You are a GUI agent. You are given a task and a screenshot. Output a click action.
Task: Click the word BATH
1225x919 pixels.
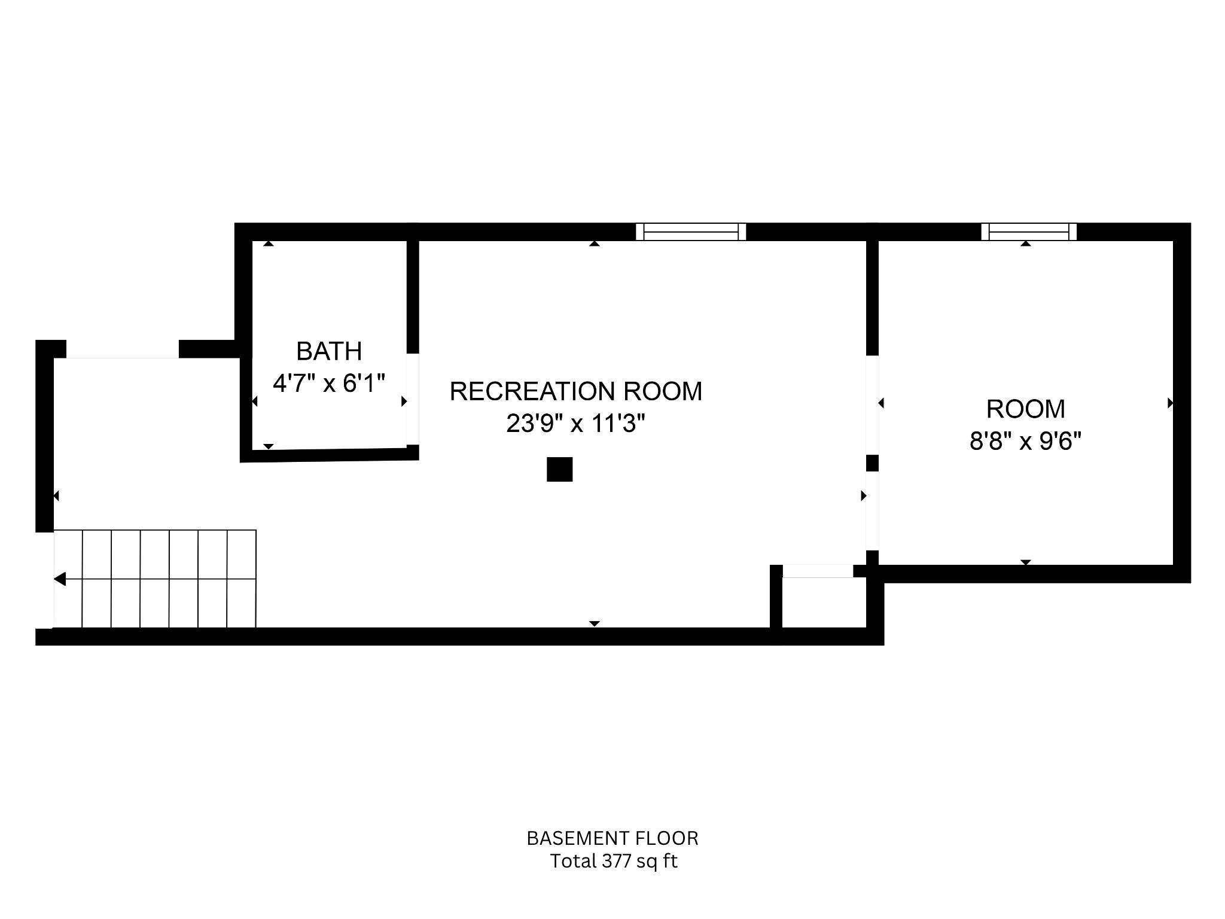329,351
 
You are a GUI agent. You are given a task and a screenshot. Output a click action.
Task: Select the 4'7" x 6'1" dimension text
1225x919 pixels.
329,384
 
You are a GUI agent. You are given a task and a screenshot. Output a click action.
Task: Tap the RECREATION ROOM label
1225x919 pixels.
575,391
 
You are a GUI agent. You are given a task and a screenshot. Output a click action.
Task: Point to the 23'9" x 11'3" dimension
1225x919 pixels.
575,424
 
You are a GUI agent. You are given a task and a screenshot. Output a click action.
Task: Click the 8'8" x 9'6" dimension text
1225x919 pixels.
1025,442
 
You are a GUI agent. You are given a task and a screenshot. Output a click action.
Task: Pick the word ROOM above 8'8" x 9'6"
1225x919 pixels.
1025,409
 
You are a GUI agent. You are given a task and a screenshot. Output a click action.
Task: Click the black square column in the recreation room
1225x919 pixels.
559,470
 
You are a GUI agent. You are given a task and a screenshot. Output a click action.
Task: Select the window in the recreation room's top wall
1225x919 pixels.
691,232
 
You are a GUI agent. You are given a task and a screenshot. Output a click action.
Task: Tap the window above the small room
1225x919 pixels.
1029,232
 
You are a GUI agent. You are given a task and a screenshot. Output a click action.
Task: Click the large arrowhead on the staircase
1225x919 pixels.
60,579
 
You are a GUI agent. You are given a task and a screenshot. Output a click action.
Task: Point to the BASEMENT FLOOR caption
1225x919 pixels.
612,838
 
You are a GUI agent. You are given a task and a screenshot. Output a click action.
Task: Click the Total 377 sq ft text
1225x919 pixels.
614,862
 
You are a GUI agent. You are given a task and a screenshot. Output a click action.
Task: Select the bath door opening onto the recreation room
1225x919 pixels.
413,399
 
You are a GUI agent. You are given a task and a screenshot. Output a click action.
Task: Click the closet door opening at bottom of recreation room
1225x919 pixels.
818,571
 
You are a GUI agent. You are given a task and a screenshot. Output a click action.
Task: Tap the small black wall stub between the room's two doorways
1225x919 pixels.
872,463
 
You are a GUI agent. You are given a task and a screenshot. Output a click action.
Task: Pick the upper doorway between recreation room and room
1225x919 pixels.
872,405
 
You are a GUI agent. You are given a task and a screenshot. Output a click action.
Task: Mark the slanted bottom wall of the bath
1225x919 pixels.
329,455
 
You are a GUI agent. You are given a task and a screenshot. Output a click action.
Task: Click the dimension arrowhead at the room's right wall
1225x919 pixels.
1170,403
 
